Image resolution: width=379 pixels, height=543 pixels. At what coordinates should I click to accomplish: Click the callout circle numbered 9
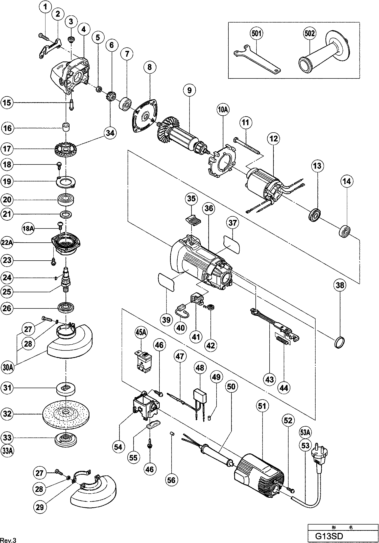tap(189, 90)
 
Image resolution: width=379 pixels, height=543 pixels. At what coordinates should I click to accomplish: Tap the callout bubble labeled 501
tap(256, 33)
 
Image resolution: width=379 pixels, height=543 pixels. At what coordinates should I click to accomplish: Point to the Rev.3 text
tap(8, 539)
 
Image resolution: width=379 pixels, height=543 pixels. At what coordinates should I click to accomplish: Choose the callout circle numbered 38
tap(340, 285)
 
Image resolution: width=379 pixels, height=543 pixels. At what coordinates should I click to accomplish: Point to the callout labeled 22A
tap(7, 243)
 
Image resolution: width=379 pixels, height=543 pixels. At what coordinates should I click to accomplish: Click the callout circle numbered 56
tap(171, 480)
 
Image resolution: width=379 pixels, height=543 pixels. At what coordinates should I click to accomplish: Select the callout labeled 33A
tap(7, 451)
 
